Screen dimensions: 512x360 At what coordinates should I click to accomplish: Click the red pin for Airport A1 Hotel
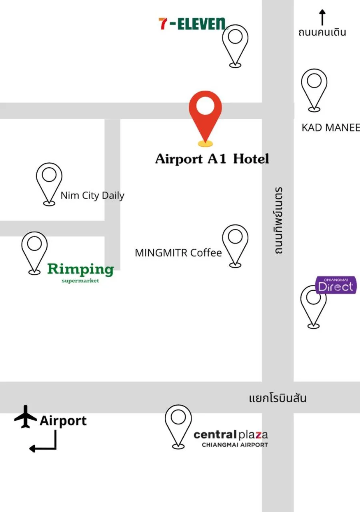pos(205,114)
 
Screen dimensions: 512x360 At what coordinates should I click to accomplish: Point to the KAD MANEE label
pos(330,128)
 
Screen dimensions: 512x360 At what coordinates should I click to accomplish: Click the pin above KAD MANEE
pos(314,89)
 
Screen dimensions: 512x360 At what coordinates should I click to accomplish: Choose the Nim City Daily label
pos(92,196)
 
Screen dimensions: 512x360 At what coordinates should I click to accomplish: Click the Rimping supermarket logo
pos(80,272)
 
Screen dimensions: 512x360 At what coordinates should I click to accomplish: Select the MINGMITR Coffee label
pos(178,253)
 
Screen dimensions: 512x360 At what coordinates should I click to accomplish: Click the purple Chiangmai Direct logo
pos(336,285)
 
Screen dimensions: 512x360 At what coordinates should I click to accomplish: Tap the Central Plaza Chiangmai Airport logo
pos(231,438)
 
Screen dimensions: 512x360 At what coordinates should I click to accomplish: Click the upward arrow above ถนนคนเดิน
pos(322,18)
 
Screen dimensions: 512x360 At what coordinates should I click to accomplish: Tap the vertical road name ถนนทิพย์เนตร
pos(279,220)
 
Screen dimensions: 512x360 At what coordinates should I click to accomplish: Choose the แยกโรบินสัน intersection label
pos(278,398)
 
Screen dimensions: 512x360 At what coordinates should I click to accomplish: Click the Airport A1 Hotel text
pos(212,159)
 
